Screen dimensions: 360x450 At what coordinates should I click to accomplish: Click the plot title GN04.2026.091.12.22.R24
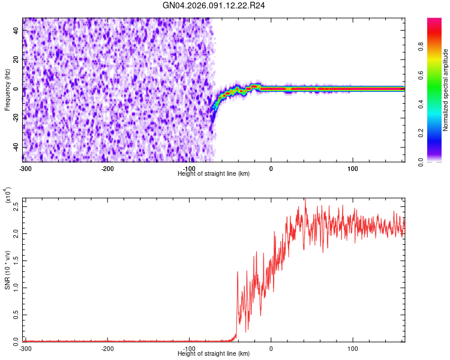(214, 5)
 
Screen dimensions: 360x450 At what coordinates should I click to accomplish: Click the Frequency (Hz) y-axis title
(7, 90)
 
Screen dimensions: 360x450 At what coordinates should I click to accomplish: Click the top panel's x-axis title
(214, 173)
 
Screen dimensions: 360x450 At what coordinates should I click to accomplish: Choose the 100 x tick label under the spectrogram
(353, 167)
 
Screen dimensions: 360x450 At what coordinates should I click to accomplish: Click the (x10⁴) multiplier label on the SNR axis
(8, 196)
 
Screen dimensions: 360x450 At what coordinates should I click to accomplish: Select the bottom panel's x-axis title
(214, 354)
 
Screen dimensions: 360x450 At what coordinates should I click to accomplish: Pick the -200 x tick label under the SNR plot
(107, 348)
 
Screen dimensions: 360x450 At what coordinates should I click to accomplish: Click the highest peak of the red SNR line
(305, 199)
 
